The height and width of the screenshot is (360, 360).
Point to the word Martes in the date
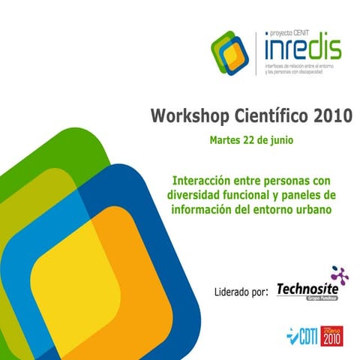point(226,139)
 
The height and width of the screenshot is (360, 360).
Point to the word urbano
point(311,209)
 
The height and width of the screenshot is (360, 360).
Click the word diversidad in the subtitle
point(195,196)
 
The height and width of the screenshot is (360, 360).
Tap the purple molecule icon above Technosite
point(339,274)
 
